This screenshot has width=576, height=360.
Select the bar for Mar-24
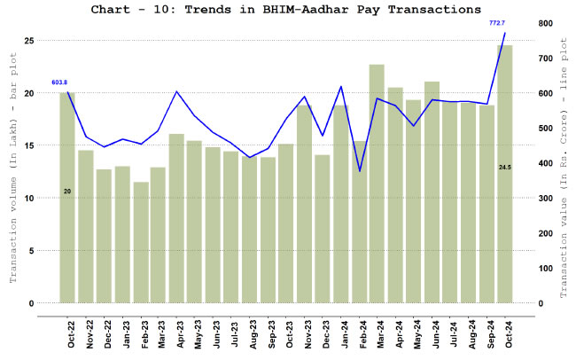pyautogui.click(x=377, y=184)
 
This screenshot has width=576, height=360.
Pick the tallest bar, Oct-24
pyautogui.click(x=504, y=175)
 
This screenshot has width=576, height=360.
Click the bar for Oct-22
pyautogui.click(x=67, y=198)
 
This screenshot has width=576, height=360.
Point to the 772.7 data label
pyautogui.click(x=497, y=22)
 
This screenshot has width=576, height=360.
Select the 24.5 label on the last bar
pyautogui.click(x=504, y=167)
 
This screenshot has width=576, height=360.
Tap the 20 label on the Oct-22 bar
pyautogui.click(x=67, y=191)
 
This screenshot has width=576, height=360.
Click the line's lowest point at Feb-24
pyautogui.click(x=359, y=171)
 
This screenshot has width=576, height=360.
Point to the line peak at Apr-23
pyautogui.click(x=177, y=91)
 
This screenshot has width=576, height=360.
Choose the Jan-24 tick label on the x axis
pyautogui.click(x=341, y=329)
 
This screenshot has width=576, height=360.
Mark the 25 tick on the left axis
pyautogui.click(x=29, y=41)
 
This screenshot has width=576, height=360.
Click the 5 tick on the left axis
pyautogui.click(x=32, y=251)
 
